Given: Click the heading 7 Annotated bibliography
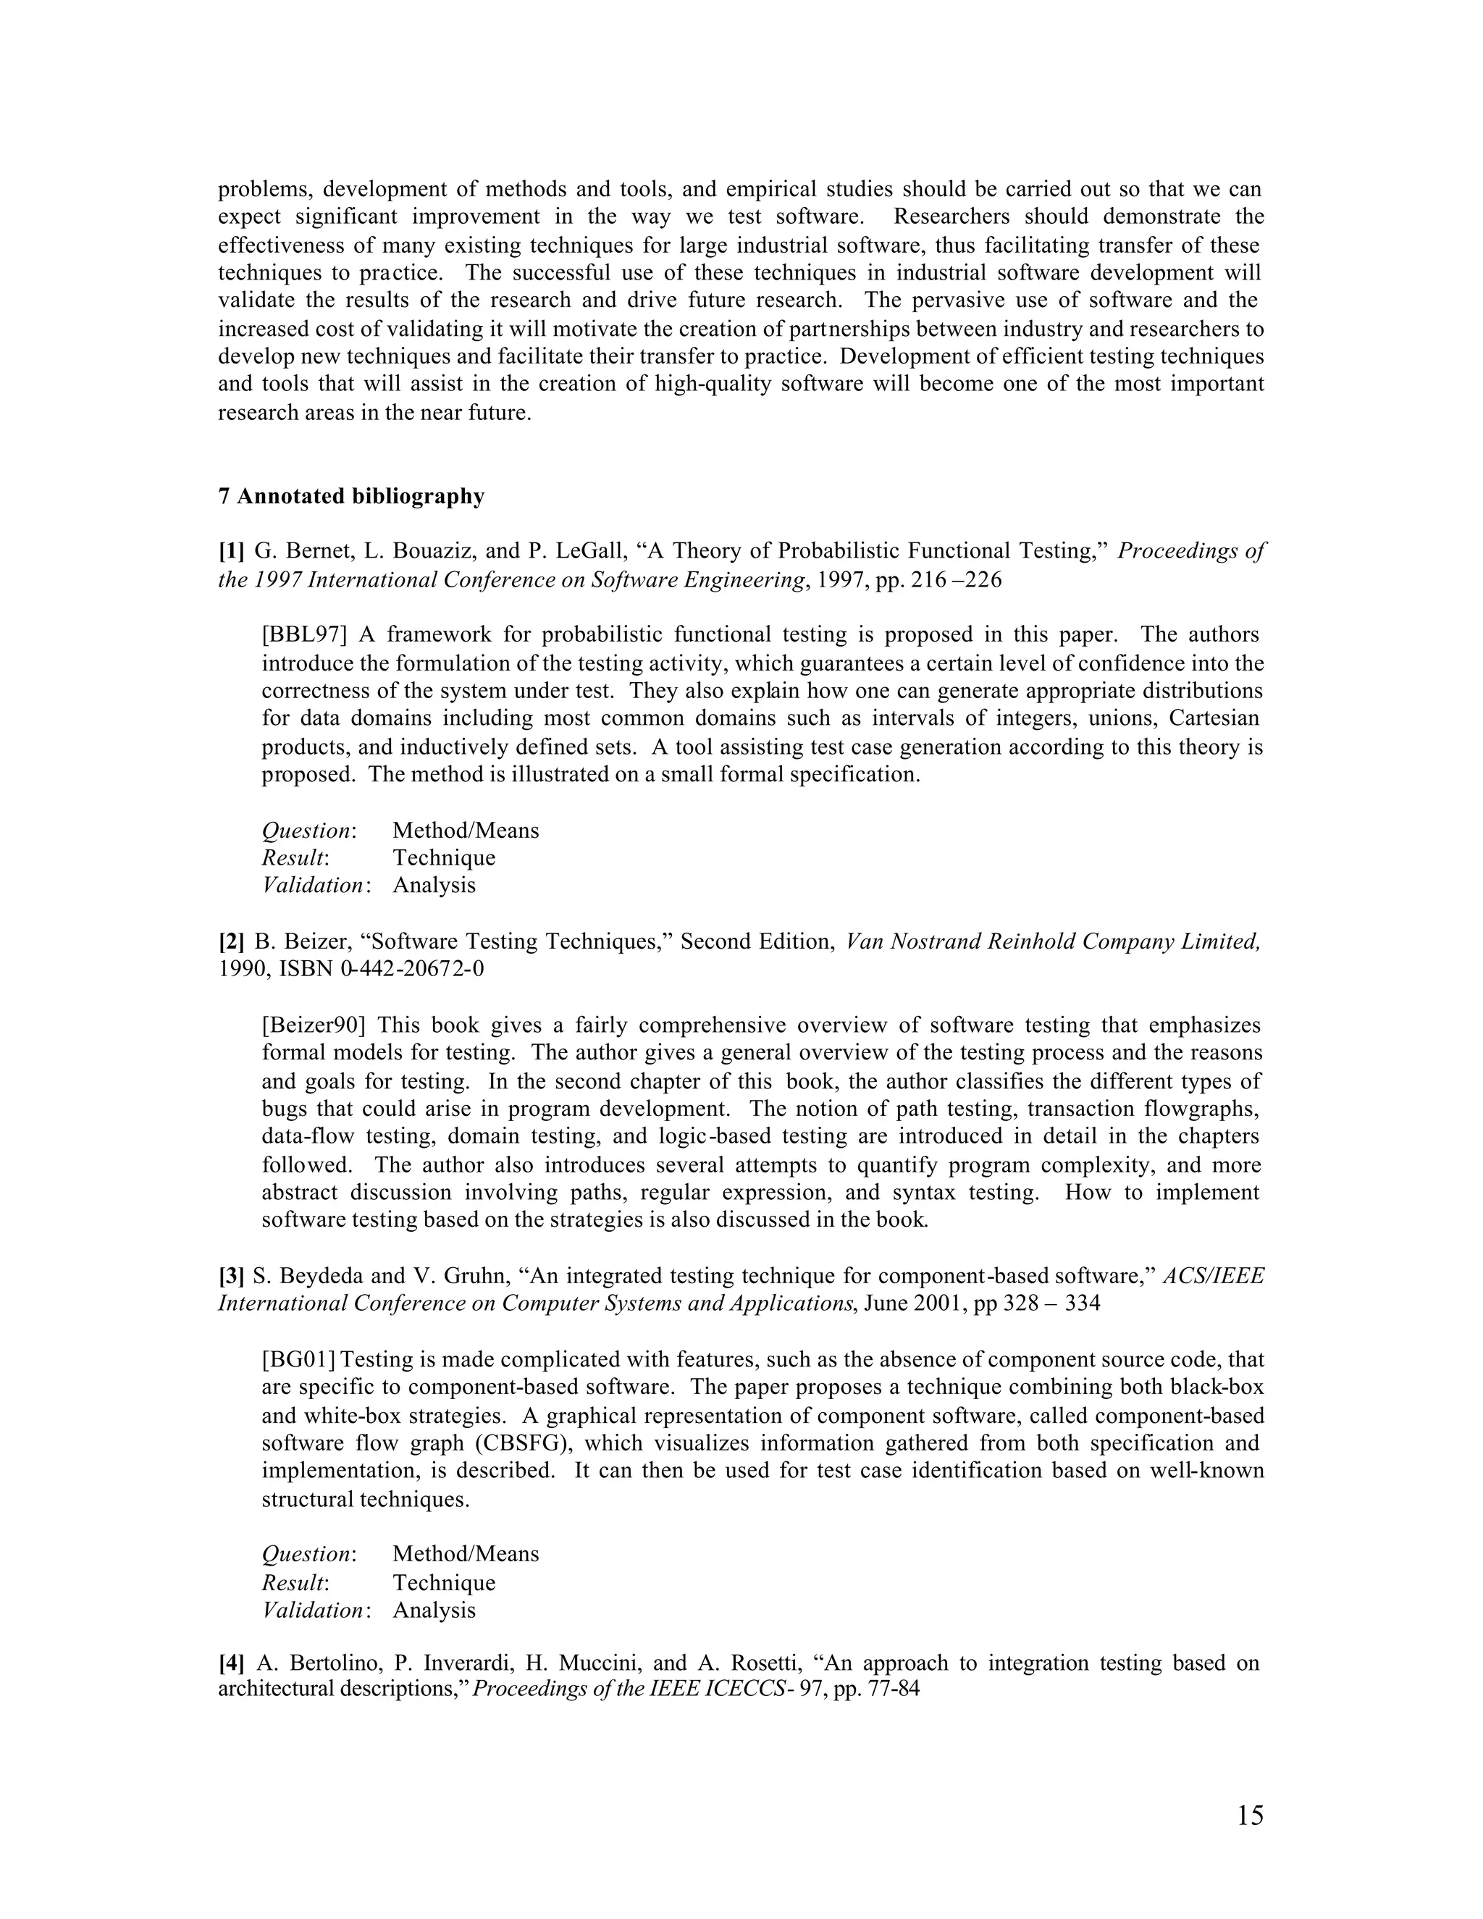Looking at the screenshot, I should click(x=350, y=497).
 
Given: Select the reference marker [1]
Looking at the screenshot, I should click(x=231, y=552).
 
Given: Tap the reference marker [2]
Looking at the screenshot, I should click(x=231, y=942).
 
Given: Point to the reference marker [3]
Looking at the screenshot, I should click(x=231, y=1276).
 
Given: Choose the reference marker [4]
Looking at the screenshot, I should click(x=231, y=1663).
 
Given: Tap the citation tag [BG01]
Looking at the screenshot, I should click(x=299, y=1359).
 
